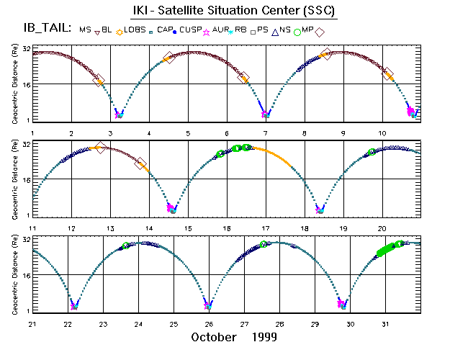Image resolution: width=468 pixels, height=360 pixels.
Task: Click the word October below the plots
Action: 217,337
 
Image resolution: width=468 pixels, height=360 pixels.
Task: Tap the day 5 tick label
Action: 188,133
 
